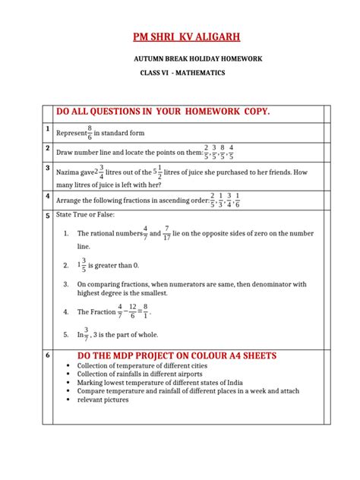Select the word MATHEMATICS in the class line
[200, 73]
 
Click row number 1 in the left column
[47, 130]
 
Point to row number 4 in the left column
[47, 197]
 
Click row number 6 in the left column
[47, 355]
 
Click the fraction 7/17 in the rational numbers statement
[167, 233]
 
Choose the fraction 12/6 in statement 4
[133, 311]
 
